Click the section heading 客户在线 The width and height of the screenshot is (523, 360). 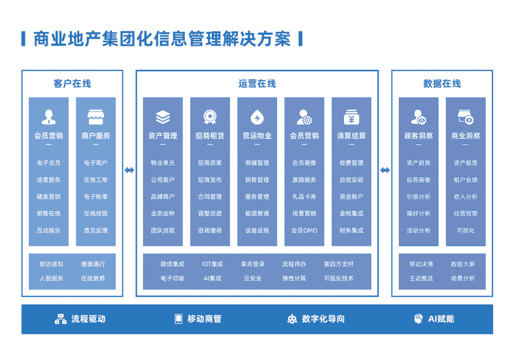click(72, 84)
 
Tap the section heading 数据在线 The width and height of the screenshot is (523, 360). click(442, 84)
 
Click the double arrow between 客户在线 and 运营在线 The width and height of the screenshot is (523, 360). click(129, 171)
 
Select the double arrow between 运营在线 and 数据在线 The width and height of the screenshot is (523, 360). click(385, 171)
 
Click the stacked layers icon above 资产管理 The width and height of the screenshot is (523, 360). click(163, 118)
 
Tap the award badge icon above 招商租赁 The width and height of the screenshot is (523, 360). click(210, 118)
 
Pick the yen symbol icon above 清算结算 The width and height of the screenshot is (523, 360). click(351, 118)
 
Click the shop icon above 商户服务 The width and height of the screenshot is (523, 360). click(95, 118)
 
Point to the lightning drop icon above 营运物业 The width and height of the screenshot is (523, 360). click(257, 118)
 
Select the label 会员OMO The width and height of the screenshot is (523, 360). click(304, 231)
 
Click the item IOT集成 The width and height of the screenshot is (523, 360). click(212, 264)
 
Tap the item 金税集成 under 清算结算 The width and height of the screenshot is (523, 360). click(351, 214)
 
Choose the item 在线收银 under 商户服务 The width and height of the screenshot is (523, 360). click(95, 214)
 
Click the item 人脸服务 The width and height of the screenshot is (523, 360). click(52, 278)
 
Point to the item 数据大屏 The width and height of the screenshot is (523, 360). click(463, 264)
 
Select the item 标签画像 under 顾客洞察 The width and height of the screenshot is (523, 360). click(418, 180)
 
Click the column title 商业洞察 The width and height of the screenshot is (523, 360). click(465, 136)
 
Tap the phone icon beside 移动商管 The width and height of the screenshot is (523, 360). click(178, 319)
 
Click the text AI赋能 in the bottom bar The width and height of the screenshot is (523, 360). click(441, 319)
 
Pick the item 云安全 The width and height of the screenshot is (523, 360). click(252, 278)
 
